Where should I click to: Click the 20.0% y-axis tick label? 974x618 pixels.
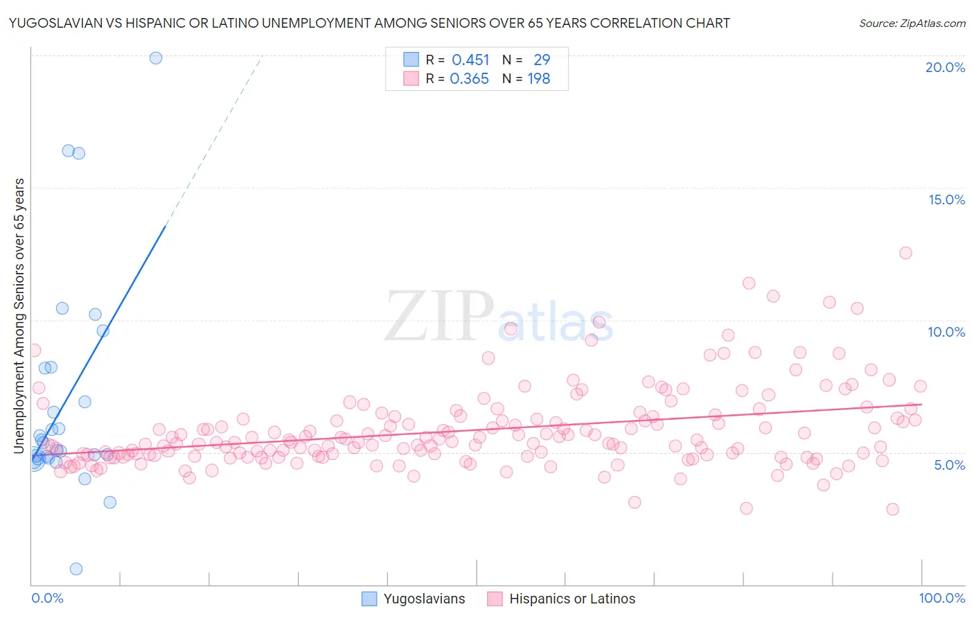point(945,67)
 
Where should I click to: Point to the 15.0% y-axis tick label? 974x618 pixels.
point(946,200)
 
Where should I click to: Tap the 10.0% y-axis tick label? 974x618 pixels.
point(946,332)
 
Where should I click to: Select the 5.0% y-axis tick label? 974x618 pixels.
point(949,465)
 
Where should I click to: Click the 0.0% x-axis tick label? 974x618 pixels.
point(47,598)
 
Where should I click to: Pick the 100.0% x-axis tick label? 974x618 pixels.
point(941,598)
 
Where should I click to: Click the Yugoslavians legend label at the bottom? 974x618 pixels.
point(424,599)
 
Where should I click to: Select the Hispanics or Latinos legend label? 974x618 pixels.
point(572,599)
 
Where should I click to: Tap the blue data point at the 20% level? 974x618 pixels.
point(156,58)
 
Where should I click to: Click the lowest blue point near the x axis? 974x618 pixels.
point(76,569)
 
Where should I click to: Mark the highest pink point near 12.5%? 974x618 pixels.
point(905,253)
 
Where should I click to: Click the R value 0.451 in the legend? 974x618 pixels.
point(470,60)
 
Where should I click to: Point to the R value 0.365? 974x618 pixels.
point(469,79)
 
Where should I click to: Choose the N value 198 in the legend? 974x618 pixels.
point(539,79)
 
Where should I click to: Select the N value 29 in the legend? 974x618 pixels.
point(542,60)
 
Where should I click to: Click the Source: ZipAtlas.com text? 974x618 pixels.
point(912,23)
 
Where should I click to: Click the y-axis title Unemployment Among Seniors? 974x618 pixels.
point(19,316)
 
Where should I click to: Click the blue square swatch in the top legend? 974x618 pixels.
point(411,60)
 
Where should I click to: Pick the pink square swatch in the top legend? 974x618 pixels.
point(411,78)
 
